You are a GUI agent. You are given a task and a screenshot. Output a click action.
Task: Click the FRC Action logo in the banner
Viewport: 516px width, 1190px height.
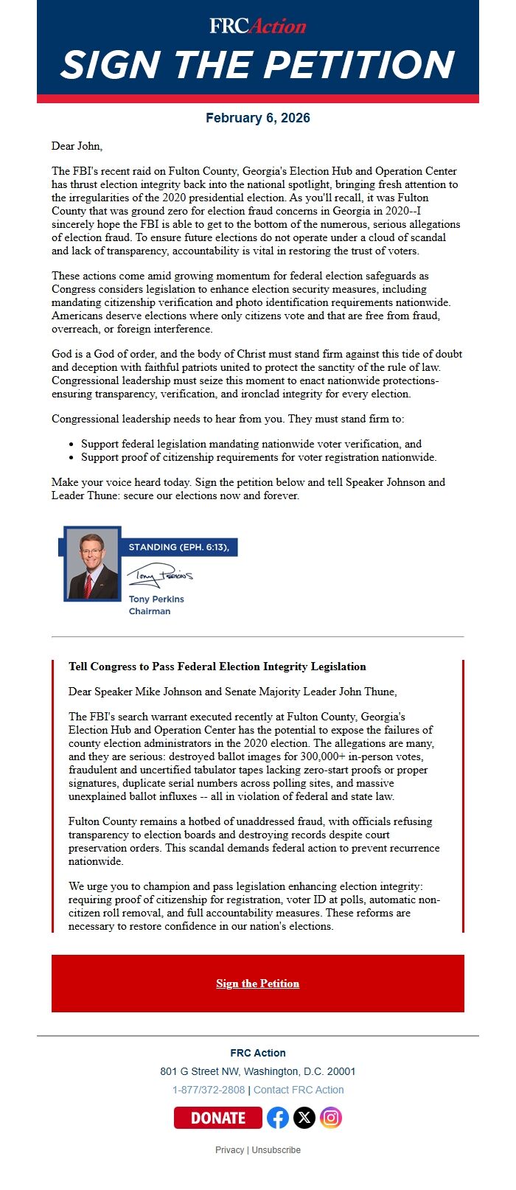click(257, 27)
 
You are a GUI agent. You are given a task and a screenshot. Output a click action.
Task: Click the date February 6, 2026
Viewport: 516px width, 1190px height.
click(257, 118)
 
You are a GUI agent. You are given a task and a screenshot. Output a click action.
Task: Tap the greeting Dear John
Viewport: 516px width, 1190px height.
click(77, 146)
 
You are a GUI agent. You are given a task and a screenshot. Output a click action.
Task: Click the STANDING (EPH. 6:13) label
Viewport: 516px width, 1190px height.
click(178, 547)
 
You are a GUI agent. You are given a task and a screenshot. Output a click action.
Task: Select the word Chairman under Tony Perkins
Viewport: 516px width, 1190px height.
click(150, 611)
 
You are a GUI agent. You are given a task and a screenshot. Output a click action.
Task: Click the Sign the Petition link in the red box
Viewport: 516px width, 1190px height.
click(257, 984)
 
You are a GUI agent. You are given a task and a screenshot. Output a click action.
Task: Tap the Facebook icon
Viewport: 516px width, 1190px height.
click(278, 1118)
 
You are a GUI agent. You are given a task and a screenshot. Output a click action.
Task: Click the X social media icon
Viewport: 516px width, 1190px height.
click(304, 1118)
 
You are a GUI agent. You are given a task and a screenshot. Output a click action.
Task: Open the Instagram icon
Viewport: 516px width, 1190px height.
click(331, 1118)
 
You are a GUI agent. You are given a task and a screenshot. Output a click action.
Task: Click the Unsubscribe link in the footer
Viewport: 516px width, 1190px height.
click(276, 1150)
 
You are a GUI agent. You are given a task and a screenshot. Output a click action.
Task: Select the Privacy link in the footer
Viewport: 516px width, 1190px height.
click(229, 1150)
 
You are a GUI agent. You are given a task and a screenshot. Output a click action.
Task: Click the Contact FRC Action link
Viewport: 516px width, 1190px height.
click(299, 1090)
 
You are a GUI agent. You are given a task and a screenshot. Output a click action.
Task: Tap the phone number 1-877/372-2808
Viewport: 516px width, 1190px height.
click(209, 1090)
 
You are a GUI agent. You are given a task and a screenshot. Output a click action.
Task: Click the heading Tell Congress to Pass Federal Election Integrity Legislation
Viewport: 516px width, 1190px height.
click(217, 667)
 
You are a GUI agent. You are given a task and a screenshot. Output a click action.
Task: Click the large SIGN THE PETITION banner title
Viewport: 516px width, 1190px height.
click(257, 65)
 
